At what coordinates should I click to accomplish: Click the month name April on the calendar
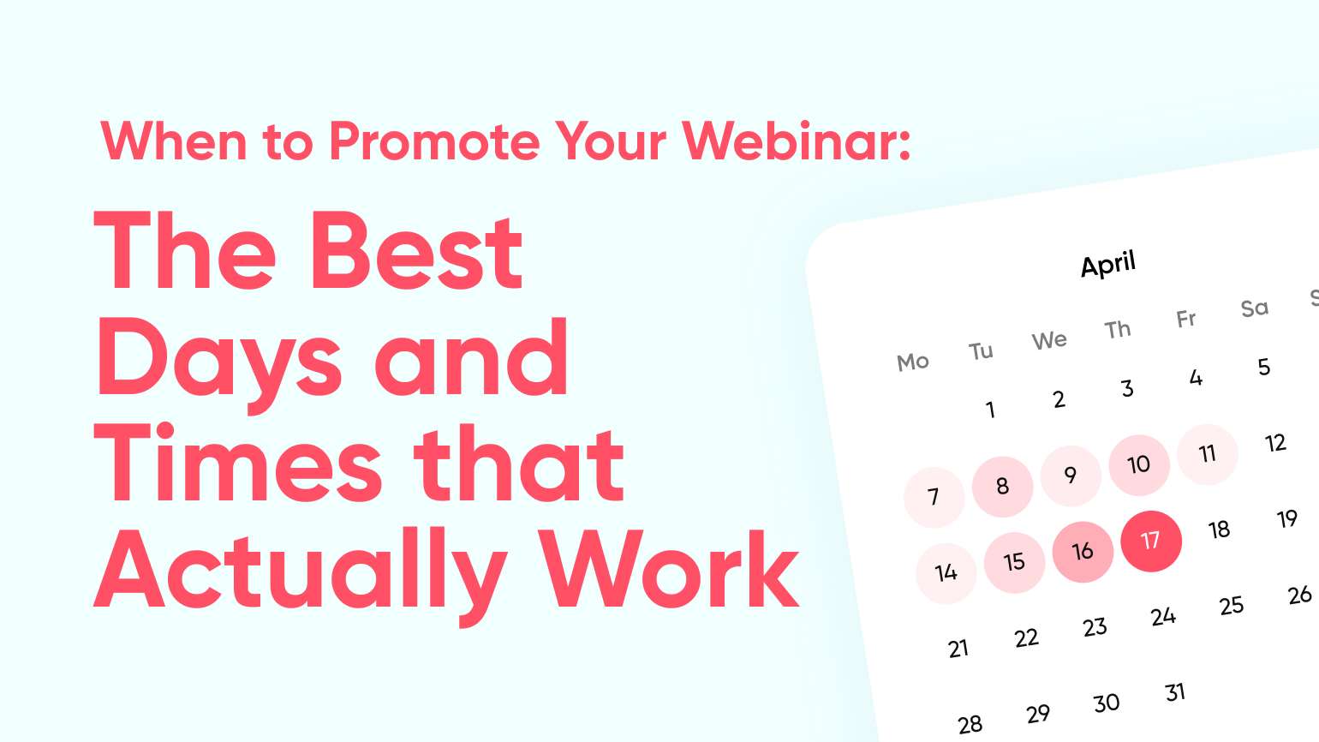(x=1108, y=264)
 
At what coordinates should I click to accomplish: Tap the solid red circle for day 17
(x=1150, y=542)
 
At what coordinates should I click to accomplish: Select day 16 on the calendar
(x=1083, y=552)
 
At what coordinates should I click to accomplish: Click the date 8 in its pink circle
(x=1002, y=487)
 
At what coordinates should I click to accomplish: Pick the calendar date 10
(x=1139, y=465)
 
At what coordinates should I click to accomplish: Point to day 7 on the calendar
(x=934, y=498)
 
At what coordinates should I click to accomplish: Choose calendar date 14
(x=946, y=573)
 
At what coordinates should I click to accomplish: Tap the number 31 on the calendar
(x=1175, y=692)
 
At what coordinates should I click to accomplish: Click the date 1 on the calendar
(x=990, y=410)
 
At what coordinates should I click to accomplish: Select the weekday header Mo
(x=913, y=362)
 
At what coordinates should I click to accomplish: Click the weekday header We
(x=1049, y=340)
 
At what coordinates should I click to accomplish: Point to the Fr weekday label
(x=1186, y=320)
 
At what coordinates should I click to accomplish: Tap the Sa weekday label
(x=1254, y=308)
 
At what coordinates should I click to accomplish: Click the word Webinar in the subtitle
(x=797, y=141)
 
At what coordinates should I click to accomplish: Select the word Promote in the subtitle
(x=434, y=141)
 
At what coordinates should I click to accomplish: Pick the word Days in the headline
(x=218, y=359)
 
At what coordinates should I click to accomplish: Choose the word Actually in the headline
(x=301, y=577)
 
